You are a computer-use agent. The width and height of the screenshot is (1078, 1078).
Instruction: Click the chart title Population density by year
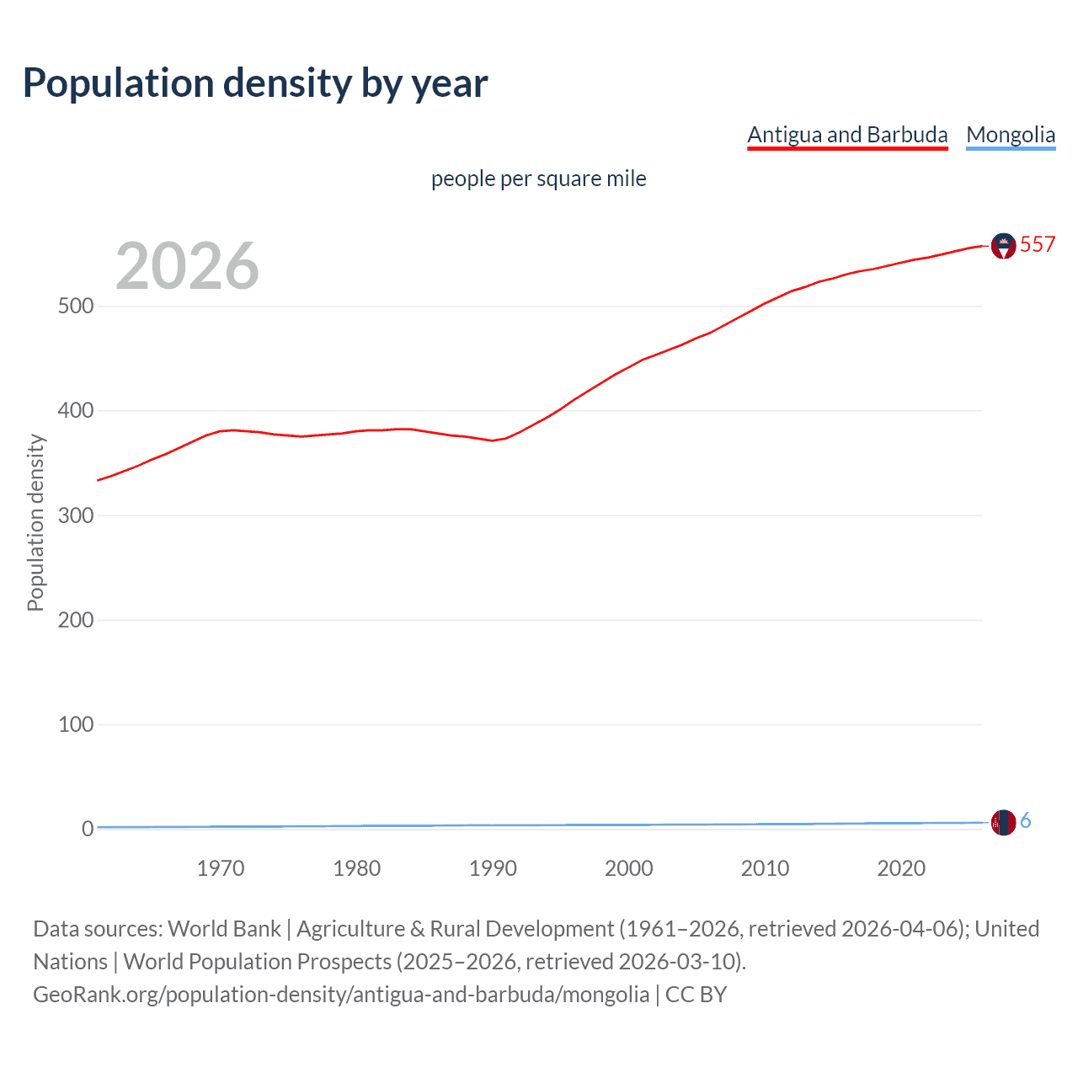[255, 83]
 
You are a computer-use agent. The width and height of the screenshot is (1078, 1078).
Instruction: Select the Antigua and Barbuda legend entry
[847, 135]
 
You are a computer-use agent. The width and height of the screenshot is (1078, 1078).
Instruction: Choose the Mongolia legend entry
[1011, 135]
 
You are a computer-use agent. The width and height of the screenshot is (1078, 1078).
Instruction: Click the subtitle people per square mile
[538, 179]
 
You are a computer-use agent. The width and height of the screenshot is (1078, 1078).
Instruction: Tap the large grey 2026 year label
[187, 266]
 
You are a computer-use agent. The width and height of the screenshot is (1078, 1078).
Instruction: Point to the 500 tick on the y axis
[75, 306]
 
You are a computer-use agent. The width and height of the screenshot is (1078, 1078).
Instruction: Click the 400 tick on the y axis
[75, 411]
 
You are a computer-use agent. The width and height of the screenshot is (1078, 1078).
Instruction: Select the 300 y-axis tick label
[75, 515]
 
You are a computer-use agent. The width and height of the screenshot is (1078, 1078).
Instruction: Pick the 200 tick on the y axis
[75, 620]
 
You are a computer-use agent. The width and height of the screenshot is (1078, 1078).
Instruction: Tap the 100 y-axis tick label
[75, 724]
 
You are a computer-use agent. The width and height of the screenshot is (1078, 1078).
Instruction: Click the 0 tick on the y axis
[87, 829]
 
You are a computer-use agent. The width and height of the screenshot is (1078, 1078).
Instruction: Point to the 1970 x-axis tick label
[221, 868]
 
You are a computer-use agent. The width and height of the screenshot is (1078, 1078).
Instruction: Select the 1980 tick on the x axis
[356, 868]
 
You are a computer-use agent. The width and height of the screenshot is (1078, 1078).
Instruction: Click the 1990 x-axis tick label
[493, 868]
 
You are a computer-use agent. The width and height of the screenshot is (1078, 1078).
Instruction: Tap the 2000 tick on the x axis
[629, 868]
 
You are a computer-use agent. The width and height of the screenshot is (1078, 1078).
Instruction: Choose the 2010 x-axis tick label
[765, 868]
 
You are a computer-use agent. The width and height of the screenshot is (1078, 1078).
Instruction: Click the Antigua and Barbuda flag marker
[1003, 246]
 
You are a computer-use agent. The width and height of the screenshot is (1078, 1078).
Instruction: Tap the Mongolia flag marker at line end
[1003, 822]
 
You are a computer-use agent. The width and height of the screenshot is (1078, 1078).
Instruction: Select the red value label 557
[1038, 244]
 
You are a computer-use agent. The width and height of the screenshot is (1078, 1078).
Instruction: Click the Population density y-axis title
[35, 522]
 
